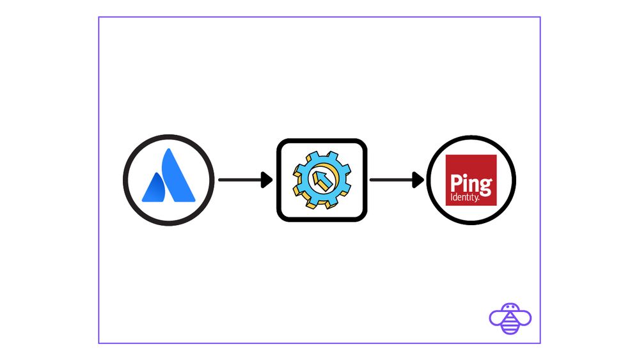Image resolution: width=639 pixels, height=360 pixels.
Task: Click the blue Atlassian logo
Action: click(168, 176)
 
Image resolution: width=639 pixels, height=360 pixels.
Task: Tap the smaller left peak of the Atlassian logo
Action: click(154, 189)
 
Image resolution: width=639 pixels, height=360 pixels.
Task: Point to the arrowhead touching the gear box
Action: click(267, 180)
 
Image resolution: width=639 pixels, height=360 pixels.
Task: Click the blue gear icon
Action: click(322, 180)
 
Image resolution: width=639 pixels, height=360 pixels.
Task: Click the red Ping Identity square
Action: click(471, 180)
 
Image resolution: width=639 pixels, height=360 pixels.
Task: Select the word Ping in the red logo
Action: click(471, 184)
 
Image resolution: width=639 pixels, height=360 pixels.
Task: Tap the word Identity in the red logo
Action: click(464, 198)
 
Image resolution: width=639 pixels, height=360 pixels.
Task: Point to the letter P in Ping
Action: click(455, 184)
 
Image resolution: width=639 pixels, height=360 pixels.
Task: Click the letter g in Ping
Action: click(486, 187)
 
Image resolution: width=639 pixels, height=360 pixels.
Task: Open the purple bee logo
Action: click(510, 318)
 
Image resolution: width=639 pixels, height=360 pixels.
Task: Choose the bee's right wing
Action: click(524, 317)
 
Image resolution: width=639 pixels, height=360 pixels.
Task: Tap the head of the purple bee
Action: click(510, 307)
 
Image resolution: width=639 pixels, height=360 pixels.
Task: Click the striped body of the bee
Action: click(510, 323)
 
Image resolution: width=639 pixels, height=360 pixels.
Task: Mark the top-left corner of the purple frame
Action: click(99, 17)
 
